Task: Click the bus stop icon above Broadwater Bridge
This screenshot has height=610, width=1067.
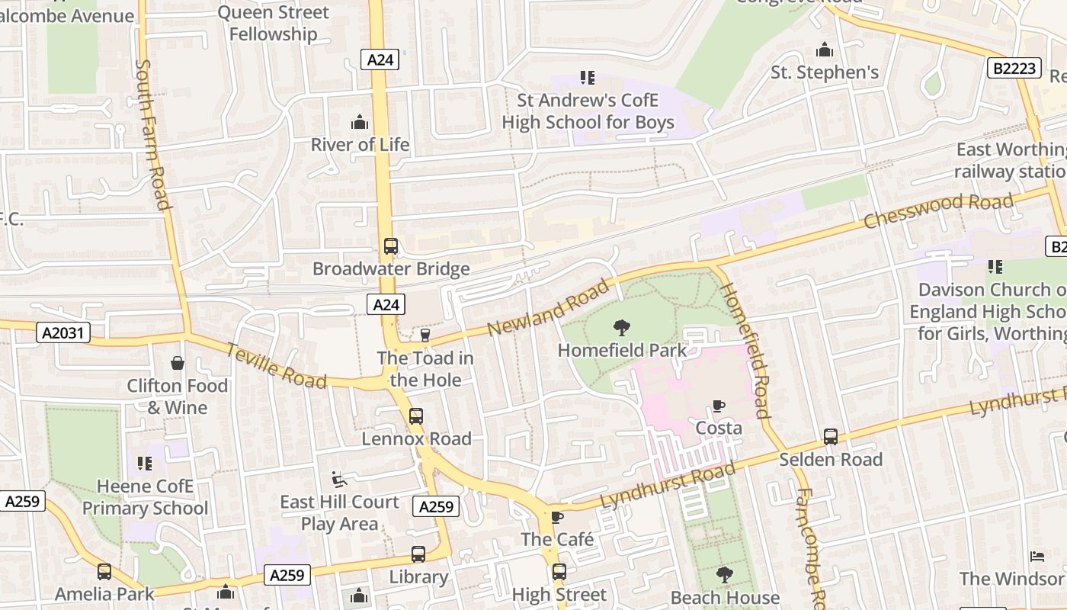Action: [x=391, y=246]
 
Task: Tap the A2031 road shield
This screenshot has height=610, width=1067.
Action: [x=63, y=332]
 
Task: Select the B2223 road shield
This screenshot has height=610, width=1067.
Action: [x=1014, y=68]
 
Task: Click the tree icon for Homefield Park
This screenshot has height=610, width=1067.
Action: [x=622, y=329]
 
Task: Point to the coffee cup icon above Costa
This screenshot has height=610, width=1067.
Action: [x=718, y=406]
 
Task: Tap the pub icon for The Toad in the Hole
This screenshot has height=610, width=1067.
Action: [x=425, y=335]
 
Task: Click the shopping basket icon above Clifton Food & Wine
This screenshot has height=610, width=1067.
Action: [x=178, y=363]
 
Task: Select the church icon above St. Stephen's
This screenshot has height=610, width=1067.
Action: [x=825, y=50]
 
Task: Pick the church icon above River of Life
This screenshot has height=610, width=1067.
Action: [x=360, y=122]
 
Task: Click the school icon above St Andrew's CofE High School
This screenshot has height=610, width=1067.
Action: [x=587, y=77]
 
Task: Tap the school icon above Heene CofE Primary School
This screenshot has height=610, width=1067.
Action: [x=145, y=463]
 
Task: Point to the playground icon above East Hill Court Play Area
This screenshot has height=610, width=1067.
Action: [x=339, y=479]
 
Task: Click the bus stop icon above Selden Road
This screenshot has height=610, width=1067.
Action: [x=831, y=437]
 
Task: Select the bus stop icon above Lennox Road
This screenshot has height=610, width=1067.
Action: [x=415, y=416]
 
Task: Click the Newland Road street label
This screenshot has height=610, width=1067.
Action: [x=548, y=307]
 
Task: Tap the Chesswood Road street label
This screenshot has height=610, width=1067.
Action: [x=938, y=210]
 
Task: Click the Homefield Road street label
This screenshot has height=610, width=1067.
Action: [x=745, y=350]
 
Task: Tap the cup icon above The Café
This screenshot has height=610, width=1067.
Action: [x=557, y=517]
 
